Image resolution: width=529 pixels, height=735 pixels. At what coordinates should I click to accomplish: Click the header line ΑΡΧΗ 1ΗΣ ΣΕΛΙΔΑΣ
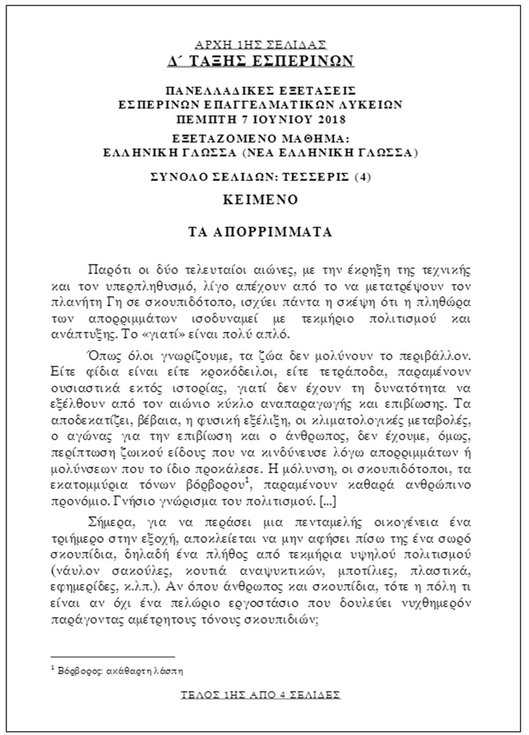[260, 45]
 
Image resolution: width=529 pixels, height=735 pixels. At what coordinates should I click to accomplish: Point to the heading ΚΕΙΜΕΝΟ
[260, 200]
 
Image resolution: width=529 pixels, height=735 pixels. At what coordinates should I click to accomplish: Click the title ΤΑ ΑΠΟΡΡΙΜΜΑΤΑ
[260, 232]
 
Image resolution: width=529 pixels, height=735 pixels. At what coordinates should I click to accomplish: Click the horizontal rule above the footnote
[113, 656]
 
